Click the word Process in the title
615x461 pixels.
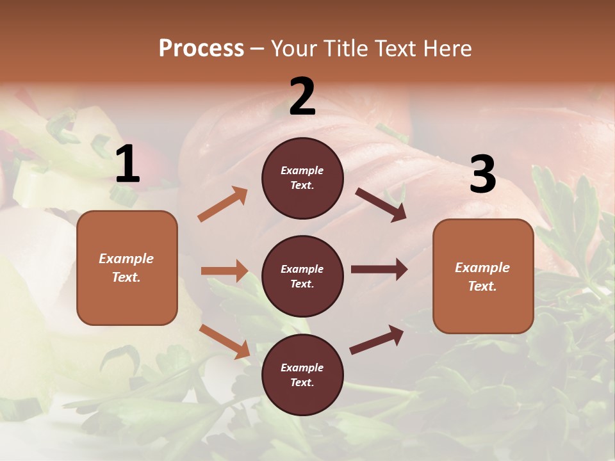pos(201,49)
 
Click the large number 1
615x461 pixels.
pos(127,165)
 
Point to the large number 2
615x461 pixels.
pos(302,97)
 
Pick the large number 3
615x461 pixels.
pos(482,175)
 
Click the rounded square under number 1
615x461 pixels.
pos(127,268)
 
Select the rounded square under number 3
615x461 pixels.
pos(483,276)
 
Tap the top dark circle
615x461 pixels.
pos(302,178)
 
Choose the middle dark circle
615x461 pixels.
pos(302,276)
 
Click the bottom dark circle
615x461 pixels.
pos(302,375)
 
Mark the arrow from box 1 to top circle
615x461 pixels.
pos(223,204)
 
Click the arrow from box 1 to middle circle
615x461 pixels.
pos(224,271)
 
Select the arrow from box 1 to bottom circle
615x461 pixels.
pos(224,341)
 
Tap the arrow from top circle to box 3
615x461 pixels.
pos(381,204)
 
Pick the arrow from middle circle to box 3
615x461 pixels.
pos(379,270)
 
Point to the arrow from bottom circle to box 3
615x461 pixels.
pos(377,339)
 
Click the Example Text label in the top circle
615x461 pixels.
pos(302,178)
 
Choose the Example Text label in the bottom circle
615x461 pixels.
pos(302,375)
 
